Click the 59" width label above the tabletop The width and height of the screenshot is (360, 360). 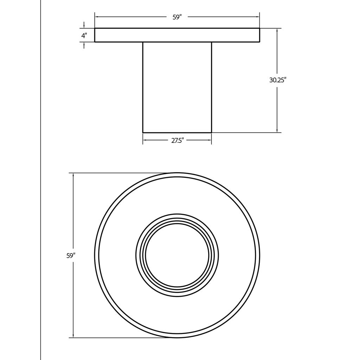pos(177,17)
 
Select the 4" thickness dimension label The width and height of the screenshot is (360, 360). pos(84,36)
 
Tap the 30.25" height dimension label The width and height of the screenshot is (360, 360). pos(278,80)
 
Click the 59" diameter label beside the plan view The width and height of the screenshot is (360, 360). pos(71,256)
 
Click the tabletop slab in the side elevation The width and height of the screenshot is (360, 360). pos(177,35)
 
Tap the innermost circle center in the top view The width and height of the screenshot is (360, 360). pos(177,256)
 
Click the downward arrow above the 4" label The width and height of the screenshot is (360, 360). pos(84,26)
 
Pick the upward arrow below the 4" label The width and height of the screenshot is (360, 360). pos(84,44)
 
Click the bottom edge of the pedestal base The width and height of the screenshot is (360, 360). pos(177,133)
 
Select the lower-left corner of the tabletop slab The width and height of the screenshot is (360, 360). pos(95,42)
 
